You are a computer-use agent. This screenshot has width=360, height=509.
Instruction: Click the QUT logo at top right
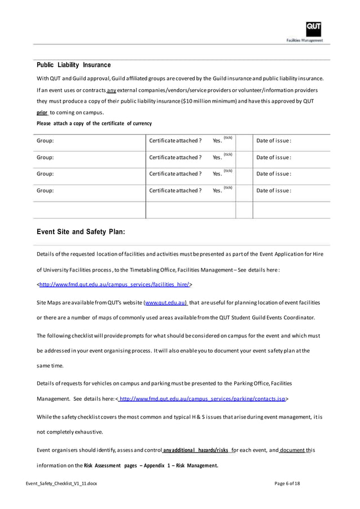(314, 28)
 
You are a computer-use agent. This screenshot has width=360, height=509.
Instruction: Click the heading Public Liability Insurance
(73, 65)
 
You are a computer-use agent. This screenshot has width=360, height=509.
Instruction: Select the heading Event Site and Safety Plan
(81, 231)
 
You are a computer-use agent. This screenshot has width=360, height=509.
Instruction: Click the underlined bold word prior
(42, 112)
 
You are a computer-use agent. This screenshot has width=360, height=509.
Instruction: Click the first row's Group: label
(45, 141)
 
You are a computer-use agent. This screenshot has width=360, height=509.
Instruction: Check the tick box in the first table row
(244, 141)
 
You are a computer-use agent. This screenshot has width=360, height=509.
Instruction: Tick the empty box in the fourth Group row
(244, 191)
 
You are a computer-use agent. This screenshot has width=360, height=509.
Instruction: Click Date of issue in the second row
(274, 157)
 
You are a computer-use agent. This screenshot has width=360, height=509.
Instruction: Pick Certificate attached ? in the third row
(175, 174)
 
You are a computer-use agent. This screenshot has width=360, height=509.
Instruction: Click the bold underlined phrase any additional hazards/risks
(196, 451)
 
